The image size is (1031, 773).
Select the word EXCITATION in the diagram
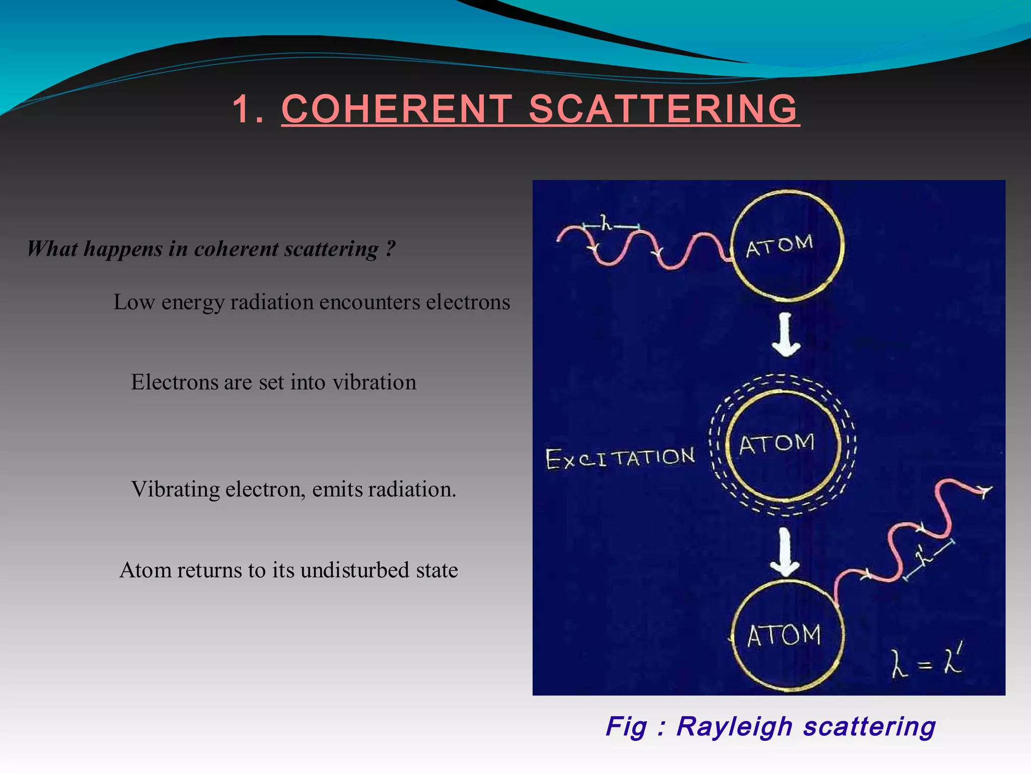click(620, 458)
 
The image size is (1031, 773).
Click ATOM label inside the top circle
click(779, 246)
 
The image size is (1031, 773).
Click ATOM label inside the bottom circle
click(784, 635)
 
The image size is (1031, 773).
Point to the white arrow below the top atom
click(786, 335)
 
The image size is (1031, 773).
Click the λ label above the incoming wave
click(606, 222)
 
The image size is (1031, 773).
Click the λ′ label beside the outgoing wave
click(923, 556)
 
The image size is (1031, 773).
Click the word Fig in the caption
click(626, 726)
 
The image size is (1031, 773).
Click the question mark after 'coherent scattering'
click(391, 248)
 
